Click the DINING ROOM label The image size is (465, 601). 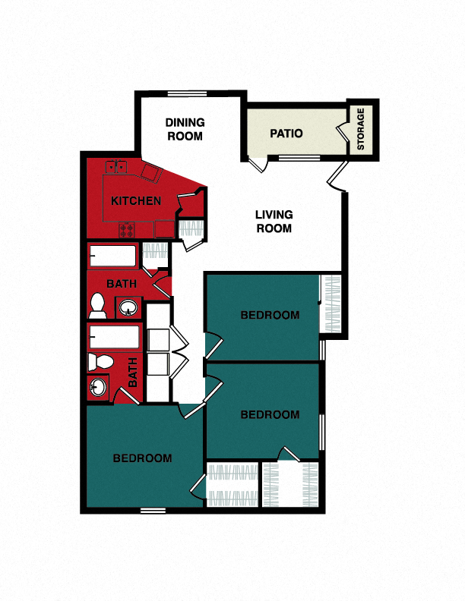coord(185,129)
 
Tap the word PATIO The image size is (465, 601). coord(286,134)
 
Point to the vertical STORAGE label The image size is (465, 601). coord(362,128)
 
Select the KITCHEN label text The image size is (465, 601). coord(136,201)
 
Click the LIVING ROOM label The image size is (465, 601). coord(274,221)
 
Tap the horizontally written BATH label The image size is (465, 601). coord(121,284)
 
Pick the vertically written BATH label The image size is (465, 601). coord(134,373)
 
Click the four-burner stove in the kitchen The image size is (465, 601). coord(126,228)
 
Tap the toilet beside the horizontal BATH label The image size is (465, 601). coord(97,306)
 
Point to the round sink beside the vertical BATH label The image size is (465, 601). coord(98,387)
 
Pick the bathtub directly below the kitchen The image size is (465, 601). coord(112,256)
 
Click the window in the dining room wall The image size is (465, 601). coord(187,94)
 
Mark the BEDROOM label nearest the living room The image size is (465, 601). coord(270,315)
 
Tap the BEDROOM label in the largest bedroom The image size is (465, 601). coord(142,458)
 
